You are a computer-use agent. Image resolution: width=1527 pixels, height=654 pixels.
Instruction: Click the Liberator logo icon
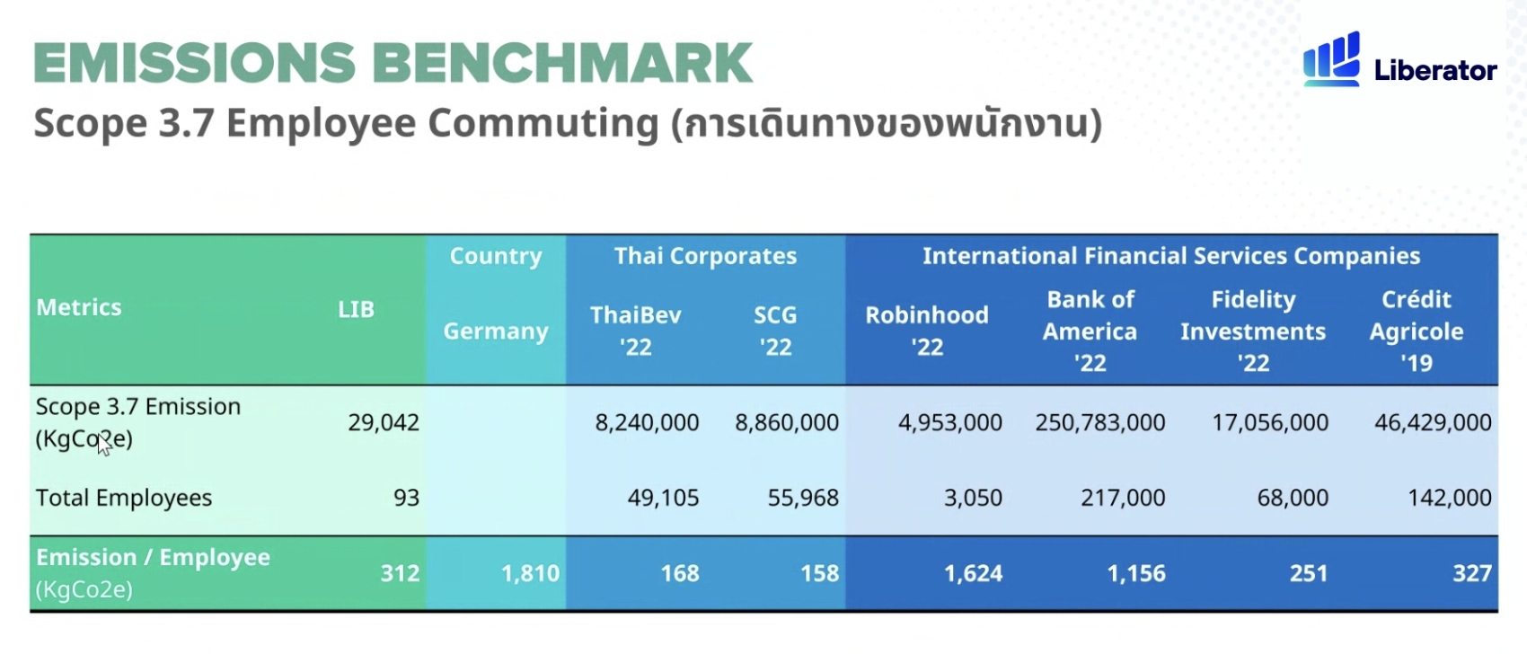1331,59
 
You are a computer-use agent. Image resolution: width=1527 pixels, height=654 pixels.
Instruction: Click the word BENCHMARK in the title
562,63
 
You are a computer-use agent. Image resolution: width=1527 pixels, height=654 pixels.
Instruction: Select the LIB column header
356,310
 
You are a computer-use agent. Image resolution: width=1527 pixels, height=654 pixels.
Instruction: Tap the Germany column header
496,331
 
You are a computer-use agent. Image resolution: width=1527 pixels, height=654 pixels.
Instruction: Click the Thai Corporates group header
705,256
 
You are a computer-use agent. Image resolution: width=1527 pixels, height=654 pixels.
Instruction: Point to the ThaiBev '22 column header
635,331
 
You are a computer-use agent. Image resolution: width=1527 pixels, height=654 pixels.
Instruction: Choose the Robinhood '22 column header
927,331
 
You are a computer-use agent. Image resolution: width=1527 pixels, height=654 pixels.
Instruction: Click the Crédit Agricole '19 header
1417,331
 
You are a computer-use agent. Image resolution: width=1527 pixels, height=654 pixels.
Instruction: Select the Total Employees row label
124,498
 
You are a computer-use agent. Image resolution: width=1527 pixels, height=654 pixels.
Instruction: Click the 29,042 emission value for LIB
384,423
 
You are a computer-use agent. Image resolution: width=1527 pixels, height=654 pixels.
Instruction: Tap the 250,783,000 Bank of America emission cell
1100,423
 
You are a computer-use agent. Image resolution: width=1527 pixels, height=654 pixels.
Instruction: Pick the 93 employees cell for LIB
406,498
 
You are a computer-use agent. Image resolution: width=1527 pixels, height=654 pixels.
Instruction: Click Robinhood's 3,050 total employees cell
973,498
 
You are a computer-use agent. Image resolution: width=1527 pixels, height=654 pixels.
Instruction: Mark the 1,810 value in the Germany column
530,573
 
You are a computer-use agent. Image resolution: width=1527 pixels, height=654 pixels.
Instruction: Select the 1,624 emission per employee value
973,573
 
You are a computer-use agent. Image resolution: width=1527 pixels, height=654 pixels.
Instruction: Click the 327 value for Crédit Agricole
1472,573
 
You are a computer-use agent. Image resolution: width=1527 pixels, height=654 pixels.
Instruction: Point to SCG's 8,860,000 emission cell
787,423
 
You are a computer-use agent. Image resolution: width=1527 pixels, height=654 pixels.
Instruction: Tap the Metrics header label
78,307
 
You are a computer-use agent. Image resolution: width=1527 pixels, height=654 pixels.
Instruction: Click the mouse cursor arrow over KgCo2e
103,446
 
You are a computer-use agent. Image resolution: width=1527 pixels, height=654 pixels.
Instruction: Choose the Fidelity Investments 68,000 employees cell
1293,498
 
